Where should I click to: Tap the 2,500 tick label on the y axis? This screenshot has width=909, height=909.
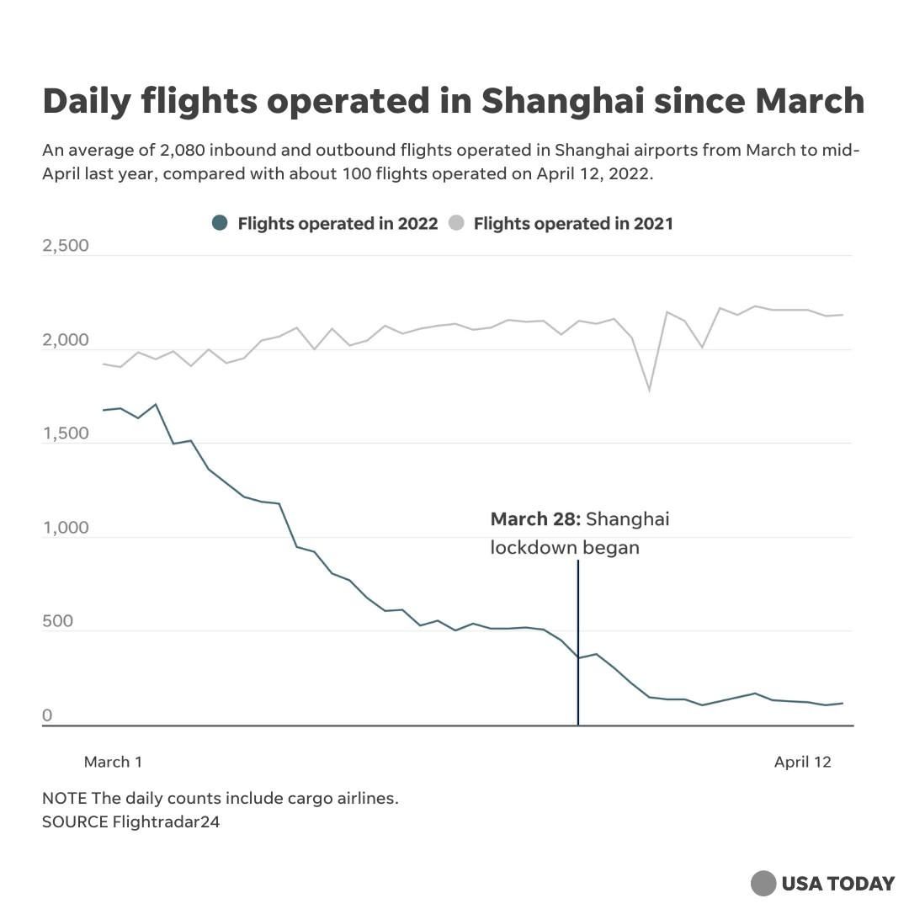point(65,247)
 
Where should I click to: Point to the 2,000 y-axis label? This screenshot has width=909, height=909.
point(65,340)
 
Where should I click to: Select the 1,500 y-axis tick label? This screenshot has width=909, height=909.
point(65,434)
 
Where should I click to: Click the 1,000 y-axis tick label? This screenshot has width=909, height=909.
point(65,529)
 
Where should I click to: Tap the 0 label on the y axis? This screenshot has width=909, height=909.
point(48,715)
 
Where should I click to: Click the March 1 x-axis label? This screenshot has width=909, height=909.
point(113,762)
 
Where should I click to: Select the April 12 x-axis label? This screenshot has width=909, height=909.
point(802,762)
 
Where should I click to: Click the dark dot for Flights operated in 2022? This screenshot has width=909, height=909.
point(221,223)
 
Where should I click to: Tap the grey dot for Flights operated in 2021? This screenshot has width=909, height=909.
point(456,223)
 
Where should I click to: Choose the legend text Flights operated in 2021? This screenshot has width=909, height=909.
point(573,223)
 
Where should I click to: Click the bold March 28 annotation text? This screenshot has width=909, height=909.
point(535,518)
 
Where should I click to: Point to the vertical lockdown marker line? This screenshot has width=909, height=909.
point(577,640)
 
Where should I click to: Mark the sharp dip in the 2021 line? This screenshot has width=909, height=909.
point(649,390)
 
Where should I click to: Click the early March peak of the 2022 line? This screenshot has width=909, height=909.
point(156,405)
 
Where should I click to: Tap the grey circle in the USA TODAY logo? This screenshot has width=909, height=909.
point(763,883)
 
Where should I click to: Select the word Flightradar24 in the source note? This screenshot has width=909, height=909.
point(166,821)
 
